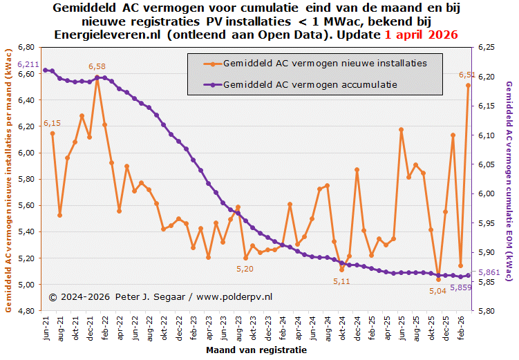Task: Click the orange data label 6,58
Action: pos(97,66)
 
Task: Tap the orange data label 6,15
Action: pos(53,123)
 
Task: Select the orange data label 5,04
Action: pos(438,291)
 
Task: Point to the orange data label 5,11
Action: pos(341,281)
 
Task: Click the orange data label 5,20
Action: pos(245,268)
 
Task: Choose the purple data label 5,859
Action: pos(460,287)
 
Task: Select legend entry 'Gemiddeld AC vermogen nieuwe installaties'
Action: pos(325,63)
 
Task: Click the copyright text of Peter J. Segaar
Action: pos(160,296)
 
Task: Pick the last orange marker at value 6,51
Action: pos(468,85)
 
